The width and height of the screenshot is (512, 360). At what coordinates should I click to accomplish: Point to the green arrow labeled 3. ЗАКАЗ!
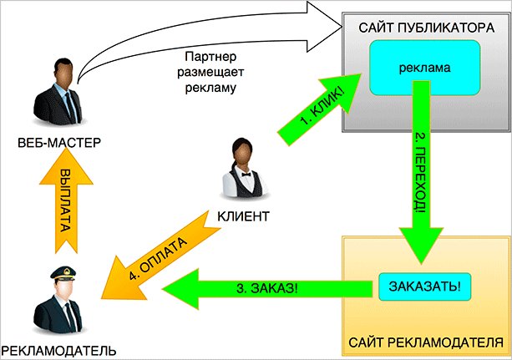coord(267,288)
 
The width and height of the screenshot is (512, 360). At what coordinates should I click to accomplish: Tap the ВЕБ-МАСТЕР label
coord(53,141)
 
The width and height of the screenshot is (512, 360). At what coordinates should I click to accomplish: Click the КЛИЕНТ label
coord(243,217)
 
